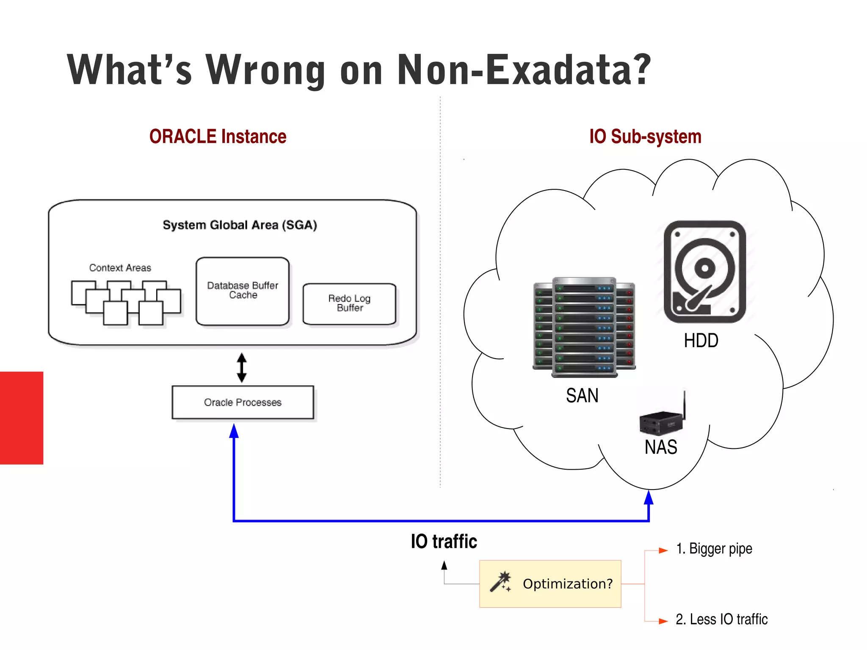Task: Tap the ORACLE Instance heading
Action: coord(218,137)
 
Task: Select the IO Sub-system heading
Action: coord(645,137)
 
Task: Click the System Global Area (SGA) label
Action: coord(240,225)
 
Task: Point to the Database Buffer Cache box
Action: coord(243,291)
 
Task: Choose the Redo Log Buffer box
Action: coord(349,304)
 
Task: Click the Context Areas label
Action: coord(120,268)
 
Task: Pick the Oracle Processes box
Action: coord(243,402)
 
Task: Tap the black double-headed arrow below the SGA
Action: coord(242,368)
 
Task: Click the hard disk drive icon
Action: coord(704,271)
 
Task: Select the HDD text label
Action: coord(701,340)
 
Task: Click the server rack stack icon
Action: coord(584,327)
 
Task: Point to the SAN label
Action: coord(582,396)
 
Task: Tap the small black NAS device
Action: coord(661,422)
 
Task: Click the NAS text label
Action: coord(661,447)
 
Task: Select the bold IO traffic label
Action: coord(444,542)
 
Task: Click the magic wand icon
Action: coord(500,582)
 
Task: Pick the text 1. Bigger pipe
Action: coord(714,549)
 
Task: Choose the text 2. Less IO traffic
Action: coord(721,619)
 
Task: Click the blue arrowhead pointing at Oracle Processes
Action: coord(234,431)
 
